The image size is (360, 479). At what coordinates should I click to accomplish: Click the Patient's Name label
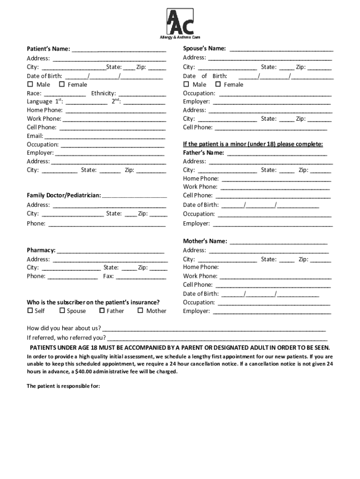48,49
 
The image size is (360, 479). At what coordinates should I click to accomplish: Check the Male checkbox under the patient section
30,85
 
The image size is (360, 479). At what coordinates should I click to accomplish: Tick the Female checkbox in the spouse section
218,84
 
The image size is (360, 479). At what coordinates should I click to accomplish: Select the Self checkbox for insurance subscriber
30,311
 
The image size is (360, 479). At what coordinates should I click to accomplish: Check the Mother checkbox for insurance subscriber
140,311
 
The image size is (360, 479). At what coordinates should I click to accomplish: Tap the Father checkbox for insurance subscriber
102,311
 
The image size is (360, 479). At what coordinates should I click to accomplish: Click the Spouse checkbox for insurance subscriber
62,311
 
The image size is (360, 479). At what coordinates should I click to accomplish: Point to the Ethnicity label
103,93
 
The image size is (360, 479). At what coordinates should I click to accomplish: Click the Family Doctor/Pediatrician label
64,195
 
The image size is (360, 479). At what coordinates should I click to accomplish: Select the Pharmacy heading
41,250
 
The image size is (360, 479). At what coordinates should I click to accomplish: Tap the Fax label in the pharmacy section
108,276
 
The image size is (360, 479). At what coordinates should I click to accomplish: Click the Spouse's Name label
204,49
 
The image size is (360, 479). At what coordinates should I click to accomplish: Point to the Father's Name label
203,152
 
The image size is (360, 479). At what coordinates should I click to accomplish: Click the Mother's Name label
205,241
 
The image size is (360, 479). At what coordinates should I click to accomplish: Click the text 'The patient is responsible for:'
63,386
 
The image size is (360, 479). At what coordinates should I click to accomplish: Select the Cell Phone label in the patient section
42,127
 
